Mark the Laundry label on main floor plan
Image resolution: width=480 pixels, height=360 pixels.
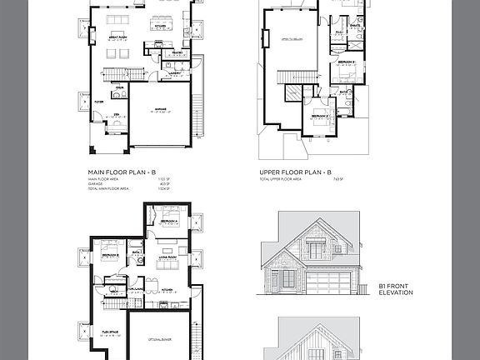click(x=176, y=72)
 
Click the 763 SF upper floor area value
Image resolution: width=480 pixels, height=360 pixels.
click(x=337, y=179)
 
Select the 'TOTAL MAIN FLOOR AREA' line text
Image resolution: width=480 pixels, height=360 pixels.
click(x=108, y=189)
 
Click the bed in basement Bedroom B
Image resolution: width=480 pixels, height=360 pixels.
click(x=108, y=252)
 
